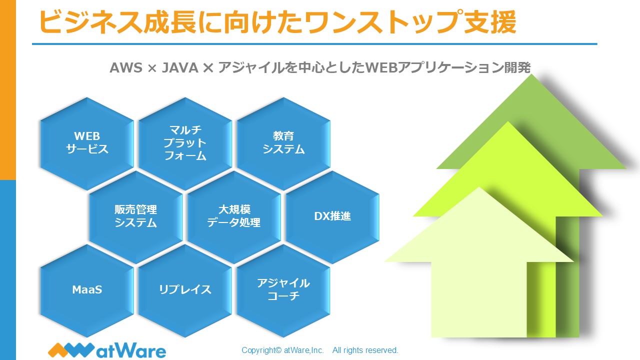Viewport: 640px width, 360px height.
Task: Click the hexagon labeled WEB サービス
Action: (x=87, y=143)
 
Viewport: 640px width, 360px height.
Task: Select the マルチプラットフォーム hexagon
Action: (x=185, y=143)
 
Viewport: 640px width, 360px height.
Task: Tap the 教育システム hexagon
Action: (x=283, y=143)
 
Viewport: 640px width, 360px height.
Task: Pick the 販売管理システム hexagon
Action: (x=136, y=216)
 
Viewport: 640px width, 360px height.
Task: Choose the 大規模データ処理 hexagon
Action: (x=234, y=216)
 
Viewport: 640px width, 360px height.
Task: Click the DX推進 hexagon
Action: (x=332, y=216)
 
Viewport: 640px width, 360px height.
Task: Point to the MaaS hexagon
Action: (x=87, y=290)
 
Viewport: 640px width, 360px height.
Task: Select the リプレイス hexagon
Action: (x=185, y=290)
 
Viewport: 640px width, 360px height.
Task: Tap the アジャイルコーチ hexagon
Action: (x=283, y=290)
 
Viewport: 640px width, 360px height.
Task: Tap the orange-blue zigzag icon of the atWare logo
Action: (x=70, y=349)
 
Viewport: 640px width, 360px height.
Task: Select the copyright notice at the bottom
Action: (x=320, y=350)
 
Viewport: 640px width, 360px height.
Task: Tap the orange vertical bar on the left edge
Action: (x=7, y=90)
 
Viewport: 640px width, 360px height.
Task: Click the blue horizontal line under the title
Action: (x=315, y=44)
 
